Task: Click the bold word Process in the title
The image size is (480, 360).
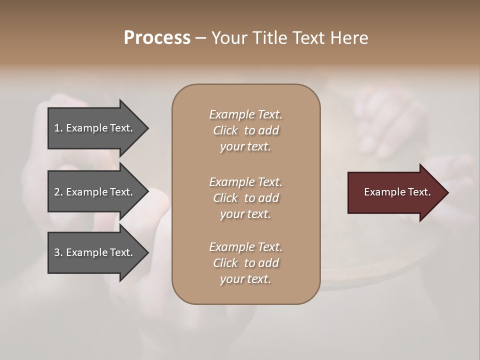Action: (157, 38)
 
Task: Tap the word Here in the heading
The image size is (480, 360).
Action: (350, 38)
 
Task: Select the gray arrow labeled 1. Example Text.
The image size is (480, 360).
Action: (93, 128)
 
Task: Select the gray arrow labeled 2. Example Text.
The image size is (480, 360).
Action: (93, 192)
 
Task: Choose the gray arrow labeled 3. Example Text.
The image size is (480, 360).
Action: (93, 252)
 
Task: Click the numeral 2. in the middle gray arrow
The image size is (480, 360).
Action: (58, 192)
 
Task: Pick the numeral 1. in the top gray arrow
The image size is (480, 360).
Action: (58, 128)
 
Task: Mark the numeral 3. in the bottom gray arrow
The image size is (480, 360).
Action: (58, 252)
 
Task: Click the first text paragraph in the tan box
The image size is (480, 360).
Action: (245, 130)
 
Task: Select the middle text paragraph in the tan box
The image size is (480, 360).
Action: (245, 197)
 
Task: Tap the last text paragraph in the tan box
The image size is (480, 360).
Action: (245, 263)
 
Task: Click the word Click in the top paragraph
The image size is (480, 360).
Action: (225, 130)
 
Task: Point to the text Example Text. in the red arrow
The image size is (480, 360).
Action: (397, 192)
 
